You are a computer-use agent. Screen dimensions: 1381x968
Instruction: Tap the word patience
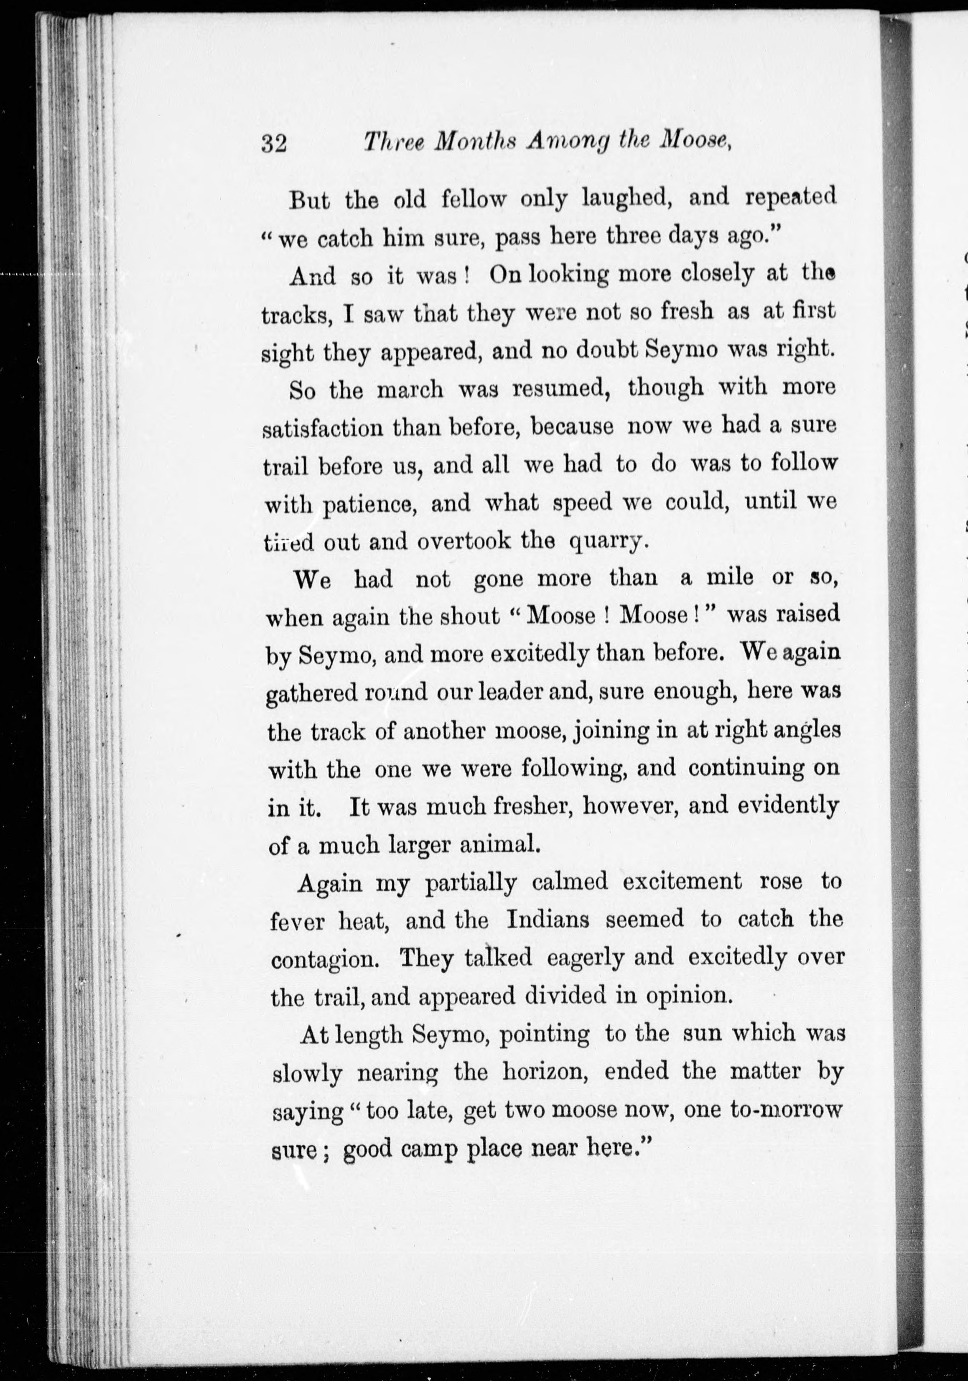(x=371, y=504)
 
